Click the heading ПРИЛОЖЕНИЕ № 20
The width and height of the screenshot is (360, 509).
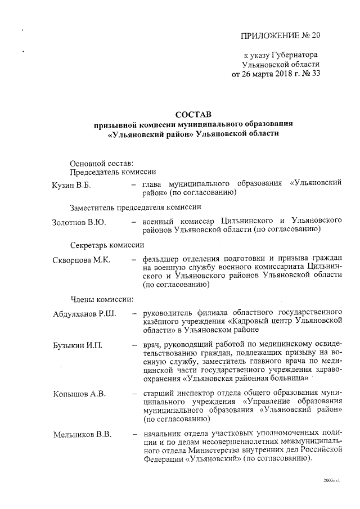(280, 35)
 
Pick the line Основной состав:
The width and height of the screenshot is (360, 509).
(101, 163)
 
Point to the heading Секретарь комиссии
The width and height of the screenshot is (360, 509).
(107, 245)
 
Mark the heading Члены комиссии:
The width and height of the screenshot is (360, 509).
(101, 298)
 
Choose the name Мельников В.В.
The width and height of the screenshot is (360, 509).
(82, 434)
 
